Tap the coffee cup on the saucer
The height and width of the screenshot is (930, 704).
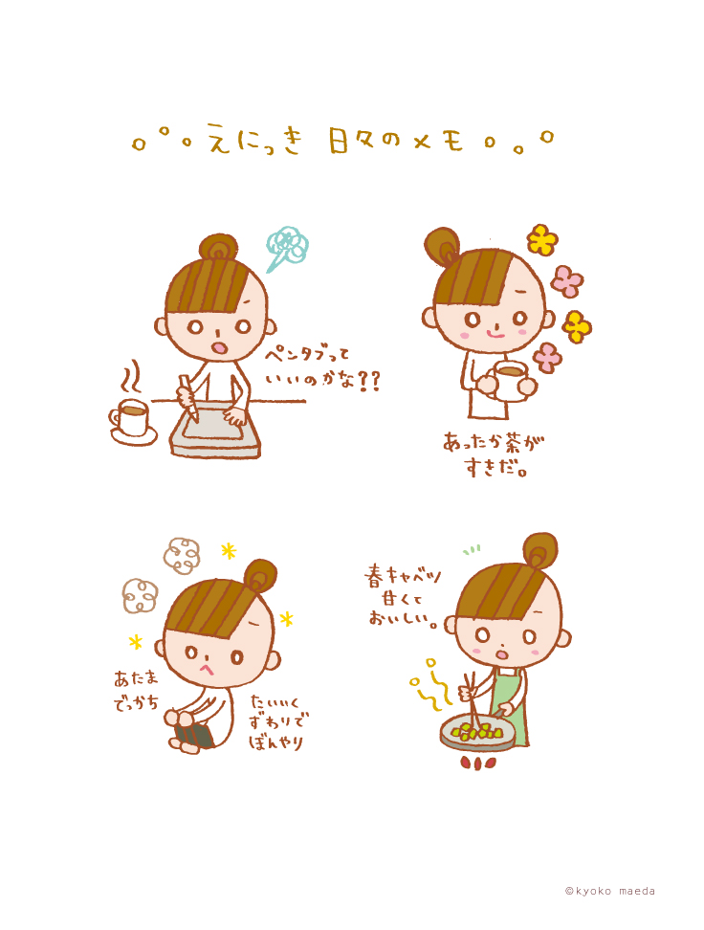click(x=130, y=416)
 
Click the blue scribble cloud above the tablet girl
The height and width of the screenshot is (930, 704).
click(x=286, y=248)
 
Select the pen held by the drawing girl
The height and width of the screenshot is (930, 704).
click(x=188, y=395)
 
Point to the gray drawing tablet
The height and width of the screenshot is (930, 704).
click(x=215, y=430)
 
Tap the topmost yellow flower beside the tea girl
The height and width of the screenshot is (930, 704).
click(x=542, y=239)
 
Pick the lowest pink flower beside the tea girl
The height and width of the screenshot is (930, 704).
click(x=547, y=358)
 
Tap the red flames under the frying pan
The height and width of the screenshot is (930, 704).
click(x=478, y=763)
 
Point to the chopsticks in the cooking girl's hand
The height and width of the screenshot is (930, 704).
click(x=473, y=700)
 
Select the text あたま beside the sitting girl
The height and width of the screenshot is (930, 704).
click(x=137, y=678)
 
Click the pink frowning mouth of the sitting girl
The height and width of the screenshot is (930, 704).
click(x=207, y=669)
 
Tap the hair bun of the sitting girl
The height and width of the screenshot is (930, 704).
click(x=261, y=575)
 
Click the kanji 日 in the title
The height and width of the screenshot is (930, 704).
click(x=339, y=141)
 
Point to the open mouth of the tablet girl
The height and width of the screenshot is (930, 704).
click(x=219, y=348)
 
